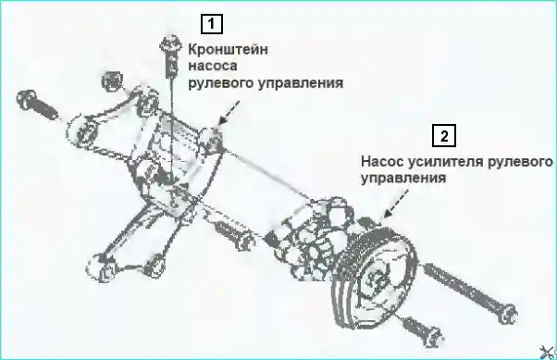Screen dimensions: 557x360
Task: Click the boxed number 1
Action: coord(212,24)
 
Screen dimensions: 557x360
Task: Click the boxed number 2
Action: coord(444,135)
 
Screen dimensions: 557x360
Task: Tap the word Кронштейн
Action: coord(228,50)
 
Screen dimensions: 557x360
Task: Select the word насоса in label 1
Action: coord(213,66)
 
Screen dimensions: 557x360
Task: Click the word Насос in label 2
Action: coord(382,162)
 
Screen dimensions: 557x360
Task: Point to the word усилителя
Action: coord(445,162)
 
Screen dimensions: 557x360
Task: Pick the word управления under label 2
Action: coord(403,179)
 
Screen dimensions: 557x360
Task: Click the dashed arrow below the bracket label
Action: coord(229,112)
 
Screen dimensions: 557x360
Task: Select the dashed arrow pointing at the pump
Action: coord(395,204)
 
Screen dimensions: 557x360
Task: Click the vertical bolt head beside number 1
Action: coord(171,43)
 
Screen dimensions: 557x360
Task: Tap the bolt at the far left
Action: coord(37,103)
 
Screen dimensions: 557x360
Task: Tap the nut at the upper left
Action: coord(112,81)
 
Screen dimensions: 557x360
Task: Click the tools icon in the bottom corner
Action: coord(548,352)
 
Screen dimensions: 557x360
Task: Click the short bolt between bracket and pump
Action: coord(234,234)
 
